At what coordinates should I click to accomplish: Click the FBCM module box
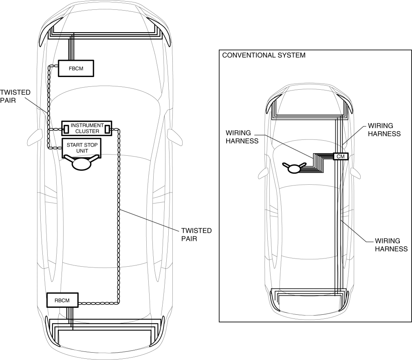[76, 68]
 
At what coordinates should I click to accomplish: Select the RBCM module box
[62, 300]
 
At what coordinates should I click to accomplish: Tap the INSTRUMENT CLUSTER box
[86, 129]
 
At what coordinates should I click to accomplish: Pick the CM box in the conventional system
[340, 156]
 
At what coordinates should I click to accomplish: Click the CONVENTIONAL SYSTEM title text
[264, 55]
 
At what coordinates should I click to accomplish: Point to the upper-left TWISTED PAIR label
[9, 96]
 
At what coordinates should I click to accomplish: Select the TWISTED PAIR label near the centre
[196, 235]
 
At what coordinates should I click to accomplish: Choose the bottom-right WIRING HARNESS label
[391, 245]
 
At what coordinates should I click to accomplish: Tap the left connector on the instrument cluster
[66, 129]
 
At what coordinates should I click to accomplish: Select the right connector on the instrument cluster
[108, 129]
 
